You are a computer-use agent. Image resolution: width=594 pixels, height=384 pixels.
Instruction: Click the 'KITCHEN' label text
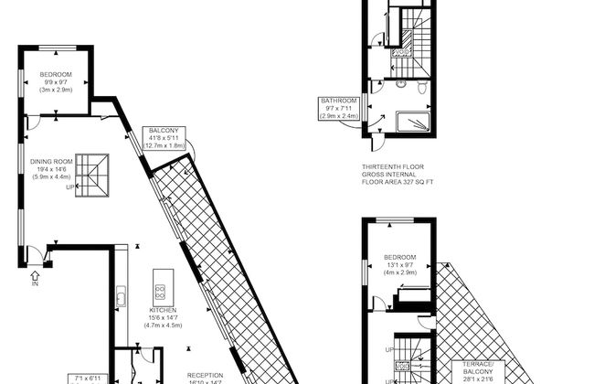coord(163,310)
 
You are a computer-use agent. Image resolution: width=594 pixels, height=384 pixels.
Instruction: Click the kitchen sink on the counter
coord(121,295)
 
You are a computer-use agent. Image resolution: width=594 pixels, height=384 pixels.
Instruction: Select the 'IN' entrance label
coord(36,285)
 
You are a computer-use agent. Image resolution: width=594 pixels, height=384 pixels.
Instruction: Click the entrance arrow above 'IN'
coord(36,273)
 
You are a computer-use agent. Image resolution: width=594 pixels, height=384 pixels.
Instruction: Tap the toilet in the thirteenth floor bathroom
coord(419,88)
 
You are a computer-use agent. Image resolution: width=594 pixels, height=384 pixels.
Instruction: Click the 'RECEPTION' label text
coord(206,375)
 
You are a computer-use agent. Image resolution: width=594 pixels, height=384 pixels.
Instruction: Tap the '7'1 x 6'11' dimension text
coord(87,378)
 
